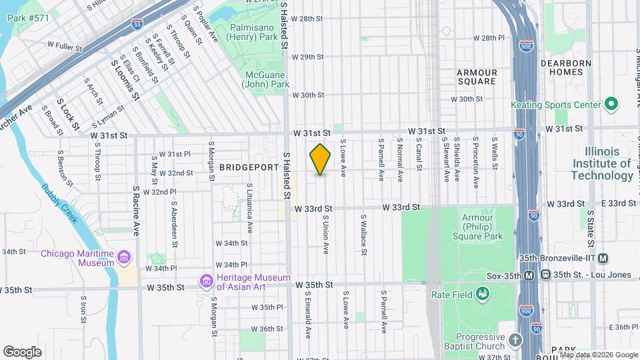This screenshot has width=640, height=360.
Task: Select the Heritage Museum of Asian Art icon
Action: pyautogui.click(x=207, y=282)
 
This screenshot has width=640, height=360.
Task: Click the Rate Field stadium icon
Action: pyautogui.click(x=483, y=294)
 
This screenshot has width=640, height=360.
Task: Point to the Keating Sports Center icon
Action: pyautogui.click(x=611, y=105)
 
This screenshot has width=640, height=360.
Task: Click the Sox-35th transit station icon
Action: pyautogui.click(x=529, y=275)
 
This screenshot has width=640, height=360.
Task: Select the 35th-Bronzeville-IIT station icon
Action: pyautogui.click(x=603, y=258)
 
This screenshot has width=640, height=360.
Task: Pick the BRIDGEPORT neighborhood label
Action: pyautogui.click(x=248, y=168)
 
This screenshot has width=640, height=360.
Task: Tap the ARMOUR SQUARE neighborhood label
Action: pyautogui.click(x=477, y=77)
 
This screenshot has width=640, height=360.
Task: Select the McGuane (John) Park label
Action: pyautogui.click(x=267, y=79)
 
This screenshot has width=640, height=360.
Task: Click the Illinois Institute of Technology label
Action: pyautogui.click(x=602, y=163)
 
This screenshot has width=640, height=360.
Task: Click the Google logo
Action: pyautogui.click(x=22, y=351)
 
